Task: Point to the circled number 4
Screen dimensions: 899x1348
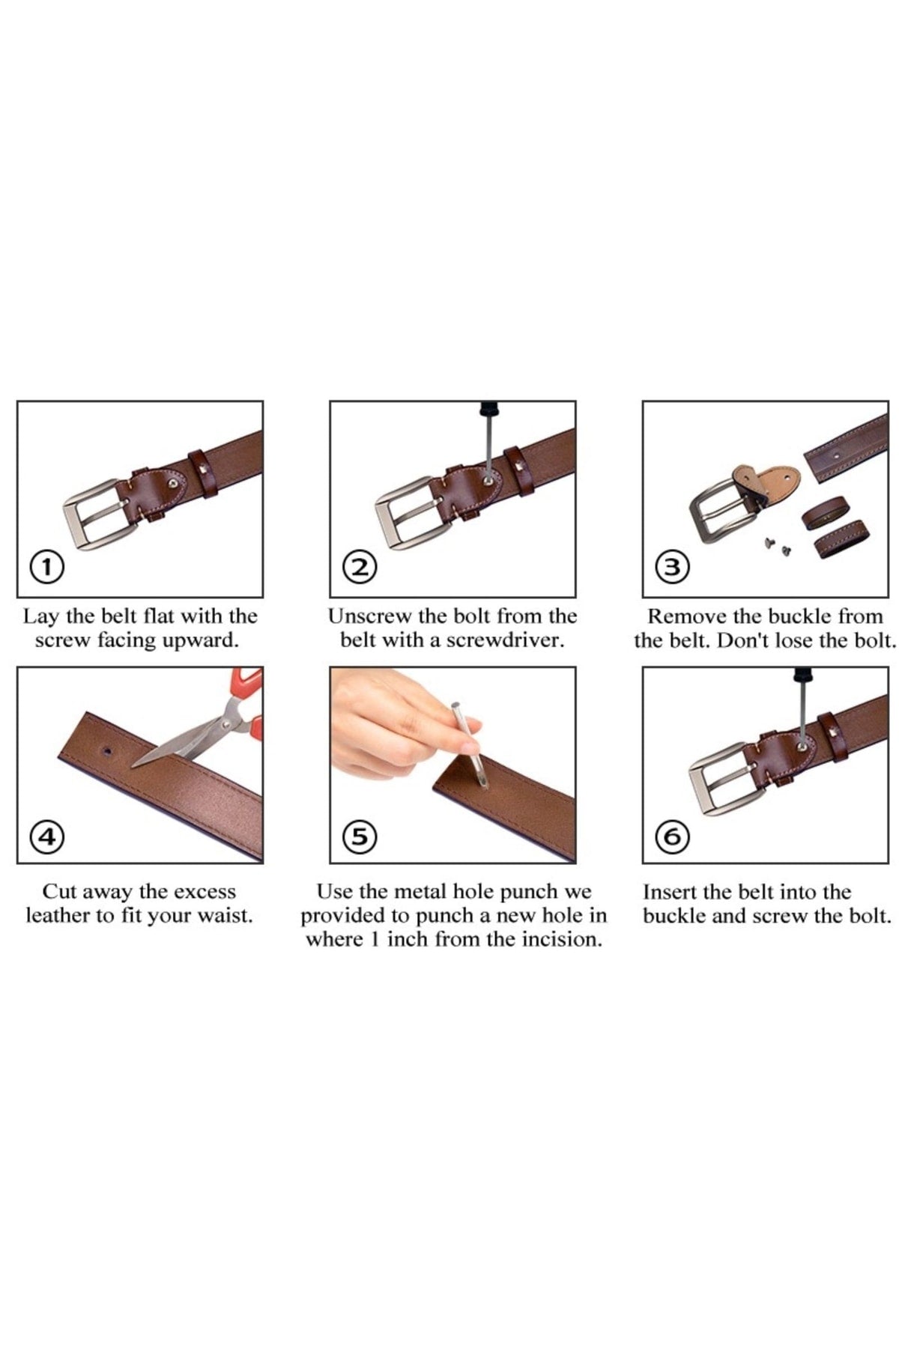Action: click(x=46, y=836)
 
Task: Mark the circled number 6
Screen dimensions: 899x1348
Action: click(x=673, y=836)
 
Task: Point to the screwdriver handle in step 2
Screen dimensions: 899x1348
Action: click(x=489, y=410)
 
